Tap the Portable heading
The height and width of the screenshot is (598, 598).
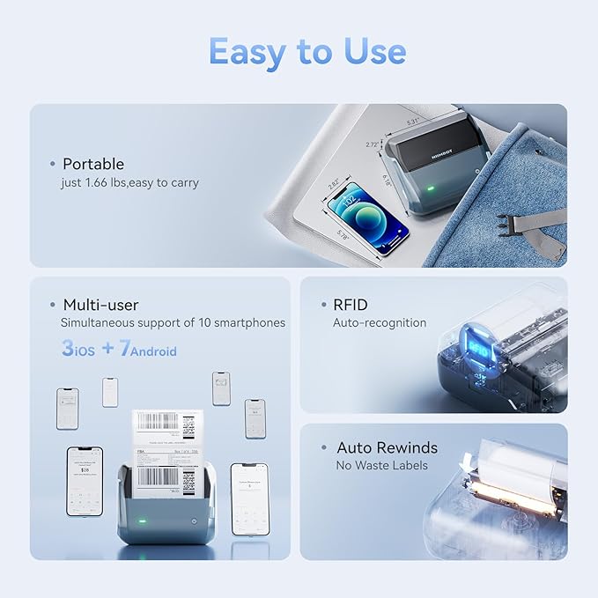click(x=93, y=164)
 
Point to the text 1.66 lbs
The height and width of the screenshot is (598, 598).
click(x=108, y=182)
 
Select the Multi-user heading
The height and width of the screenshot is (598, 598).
click(x=100, y=305)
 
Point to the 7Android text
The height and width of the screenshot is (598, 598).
click(x=147, y=349)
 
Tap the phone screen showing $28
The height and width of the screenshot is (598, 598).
click(x=85, y=481)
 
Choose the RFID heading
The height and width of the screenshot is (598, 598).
click(x=350, y=305)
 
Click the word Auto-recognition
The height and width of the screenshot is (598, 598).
click(x=379, y=323)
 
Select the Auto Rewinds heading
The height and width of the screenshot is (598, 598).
click(x=387, y=447)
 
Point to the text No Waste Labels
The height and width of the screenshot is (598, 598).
click(x=381, y=465)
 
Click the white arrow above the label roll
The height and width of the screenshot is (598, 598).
click(x=466, y=460)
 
